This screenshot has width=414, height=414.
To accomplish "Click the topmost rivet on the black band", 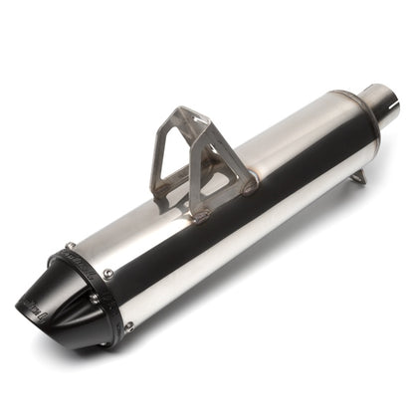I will (71, 247).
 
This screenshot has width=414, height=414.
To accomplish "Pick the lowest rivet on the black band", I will (128, 325).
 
